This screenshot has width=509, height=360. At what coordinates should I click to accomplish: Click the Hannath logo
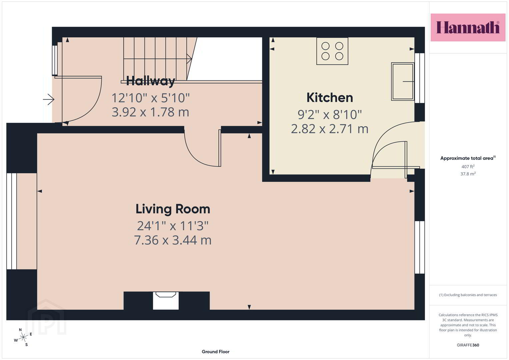(x=468, y=27)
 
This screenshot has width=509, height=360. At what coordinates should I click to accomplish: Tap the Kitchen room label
(x=330, y=97)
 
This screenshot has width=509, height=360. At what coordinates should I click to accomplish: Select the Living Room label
(x=173, y=209)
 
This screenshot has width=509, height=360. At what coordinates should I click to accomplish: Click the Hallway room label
(x=150, y=81)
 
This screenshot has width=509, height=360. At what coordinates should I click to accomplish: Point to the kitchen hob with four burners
(x=332, y=51)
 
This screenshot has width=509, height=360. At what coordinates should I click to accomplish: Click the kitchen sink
(x=402, y=81)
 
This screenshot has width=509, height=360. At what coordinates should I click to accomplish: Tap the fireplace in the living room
(x=166, y=301)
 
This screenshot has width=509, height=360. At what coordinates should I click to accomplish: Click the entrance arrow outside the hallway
(x=49, y=99)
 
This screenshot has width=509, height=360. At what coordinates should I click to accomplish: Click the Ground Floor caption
(x=215, y=352)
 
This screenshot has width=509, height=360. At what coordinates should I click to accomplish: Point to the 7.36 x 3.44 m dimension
(x=173, y=240)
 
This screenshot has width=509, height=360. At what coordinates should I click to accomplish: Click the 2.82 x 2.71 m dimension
(x=329, y=129)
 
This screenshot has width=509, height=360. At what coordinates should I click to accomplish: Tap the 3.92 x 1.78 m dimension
(x=150, y=112)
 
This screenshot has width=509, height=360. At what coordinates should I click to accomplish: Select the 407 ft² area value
(x=468, y=166)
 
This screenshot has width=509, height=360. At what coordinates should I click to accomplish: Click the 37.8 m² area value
(x=468, y=174)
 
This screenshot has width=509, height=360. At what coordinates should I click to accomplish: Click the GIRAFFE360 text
(x=468, y=345)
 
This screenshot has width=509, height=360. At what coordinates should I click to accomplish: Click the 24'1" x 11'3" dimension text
(x=173, y=226)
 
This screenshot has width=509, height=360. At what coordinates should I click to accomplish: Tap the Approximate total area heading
(x=468, y=158)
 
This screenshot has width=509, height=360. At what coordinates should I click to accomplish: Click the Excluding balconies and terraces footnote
(x=468, y=295)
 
